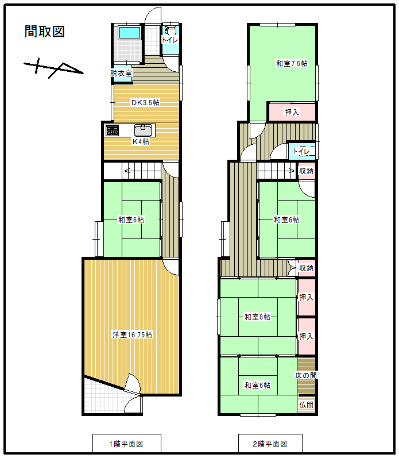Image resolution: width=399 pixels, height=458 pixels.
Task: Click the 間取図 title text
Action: click(44, 32)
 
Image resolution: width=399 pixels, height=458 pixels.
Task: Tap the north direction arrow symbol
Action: click(53, 68)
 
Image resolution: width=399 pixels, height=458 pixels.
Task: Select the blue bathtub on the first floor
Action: click(130, 33)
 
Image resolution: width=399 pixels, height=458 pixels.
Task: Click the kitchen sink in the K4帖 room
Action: click(143, 130)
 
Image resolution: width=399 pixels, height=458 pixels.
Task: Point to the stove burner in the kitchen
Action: click(112, 130)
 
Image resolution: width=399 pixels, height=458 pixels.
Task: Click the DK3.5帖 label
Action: click(145, 102)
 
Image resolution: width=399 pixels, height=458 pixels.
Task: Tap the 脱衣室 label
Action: click(121, 73)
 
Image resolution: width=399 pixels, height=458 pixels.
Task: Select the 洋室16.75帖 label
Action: click(132, 335)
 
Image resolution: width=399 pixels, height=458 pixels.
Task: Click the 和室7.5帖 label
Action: click(292, 63)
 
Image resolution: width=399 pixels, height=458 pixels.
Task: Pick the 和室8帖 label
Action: click(257, 317)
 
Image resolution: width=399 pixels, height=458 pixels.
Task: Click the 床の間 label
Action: click(306, 375)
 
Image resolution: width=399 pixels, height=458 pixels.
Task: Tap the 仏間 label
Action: click(306, 405)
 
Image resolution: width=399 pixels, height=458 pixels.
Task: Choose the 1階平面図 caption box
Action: click(127, 444)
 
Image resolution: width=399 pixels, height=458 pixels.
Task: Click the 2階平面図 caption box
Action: click(270, 444)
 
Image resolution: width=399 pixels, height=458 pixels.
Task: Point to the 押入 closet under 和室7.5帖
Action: click(292, 111)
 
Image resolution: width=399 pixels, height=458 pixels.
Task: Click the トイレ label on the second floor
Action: click(301, 151)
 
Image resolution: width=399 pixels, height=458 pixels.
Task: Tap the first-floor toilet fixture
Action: click(171, 30)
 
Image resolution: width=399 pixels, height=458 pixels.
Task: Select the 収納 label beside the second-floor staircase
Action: click(306, 171)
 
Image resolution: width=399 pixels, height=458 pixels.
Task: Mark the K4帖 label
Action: click(141, 142)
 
